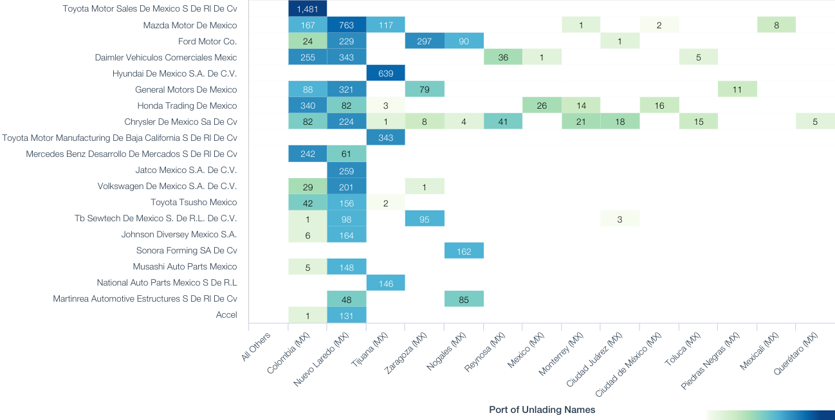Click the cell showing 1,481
point(307,8)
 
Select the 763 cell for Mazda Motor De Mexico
point(347,25)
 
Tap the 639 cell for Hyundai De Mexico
point(385,73)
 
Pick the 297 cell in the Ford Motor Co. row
point(425,41)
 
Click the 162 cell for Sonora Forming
point(464,250)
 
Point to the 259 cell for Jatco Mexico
point(347,170)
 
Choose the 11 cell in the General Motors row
point(737,89)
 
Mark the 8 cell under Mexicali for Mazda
point(776,25)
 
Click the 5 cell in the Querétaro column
point(815,122)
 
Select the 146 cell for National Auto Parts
point(385,282)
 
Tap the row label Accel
point(226,315)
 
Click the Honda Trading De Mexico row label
point(187,105)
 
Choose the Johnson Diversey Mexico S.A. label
point(179,234)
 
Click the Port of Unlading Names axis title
point(542,410)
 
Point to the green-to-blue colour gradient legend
point(770,415)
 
